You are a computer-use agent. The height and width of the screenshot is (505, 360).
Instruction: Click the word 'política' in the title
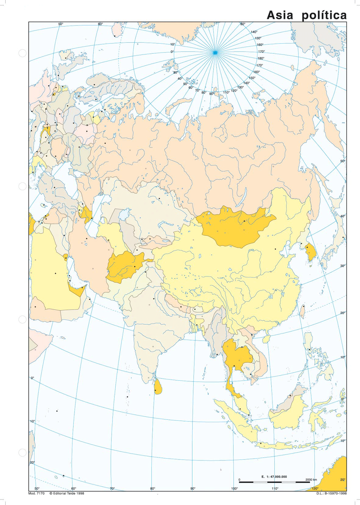[324, 15]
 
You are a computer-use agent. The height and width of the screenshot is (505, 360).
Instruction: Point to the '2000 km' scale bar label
[311, 480]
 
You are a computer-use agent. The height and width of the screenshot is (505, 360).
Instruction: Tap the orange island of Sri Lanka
[157, 387]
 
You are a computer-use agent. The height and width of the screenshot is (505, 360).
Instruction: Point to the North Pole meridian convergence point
[215, 53]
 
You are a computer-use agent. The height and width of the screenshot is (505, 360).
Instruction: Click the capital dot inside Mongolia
[244, 221]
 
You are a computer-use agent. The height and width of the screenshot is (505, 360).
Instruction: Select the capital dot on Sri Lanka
[155, 390]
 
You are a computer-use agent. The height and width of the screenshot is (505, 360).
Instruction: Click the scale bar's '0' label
[239, 480]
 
